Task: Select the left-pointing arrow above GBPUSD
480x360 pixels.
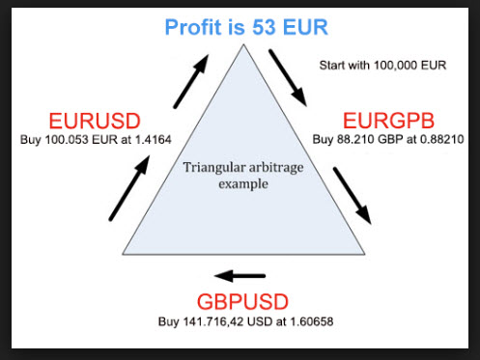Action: [241, 273]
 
